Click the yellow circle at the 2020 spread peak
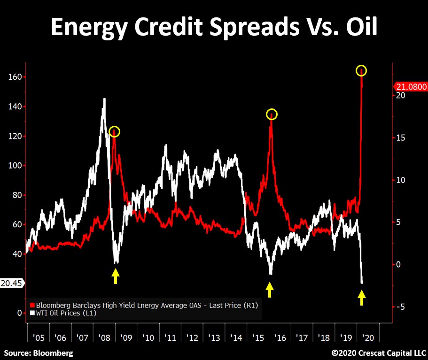pos(361,71)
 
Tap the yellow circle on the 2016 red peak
pos(272,115)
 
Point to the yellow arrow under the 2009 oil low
pos(116,276)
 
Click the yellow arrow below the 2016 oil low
pos(269,289)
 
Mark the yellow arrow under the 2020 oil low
pos(361,297)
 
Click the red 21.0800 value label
pos(410,86)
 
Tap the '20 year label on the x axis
pos(370,338)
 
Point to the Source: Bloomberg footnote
pos(39,352)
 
